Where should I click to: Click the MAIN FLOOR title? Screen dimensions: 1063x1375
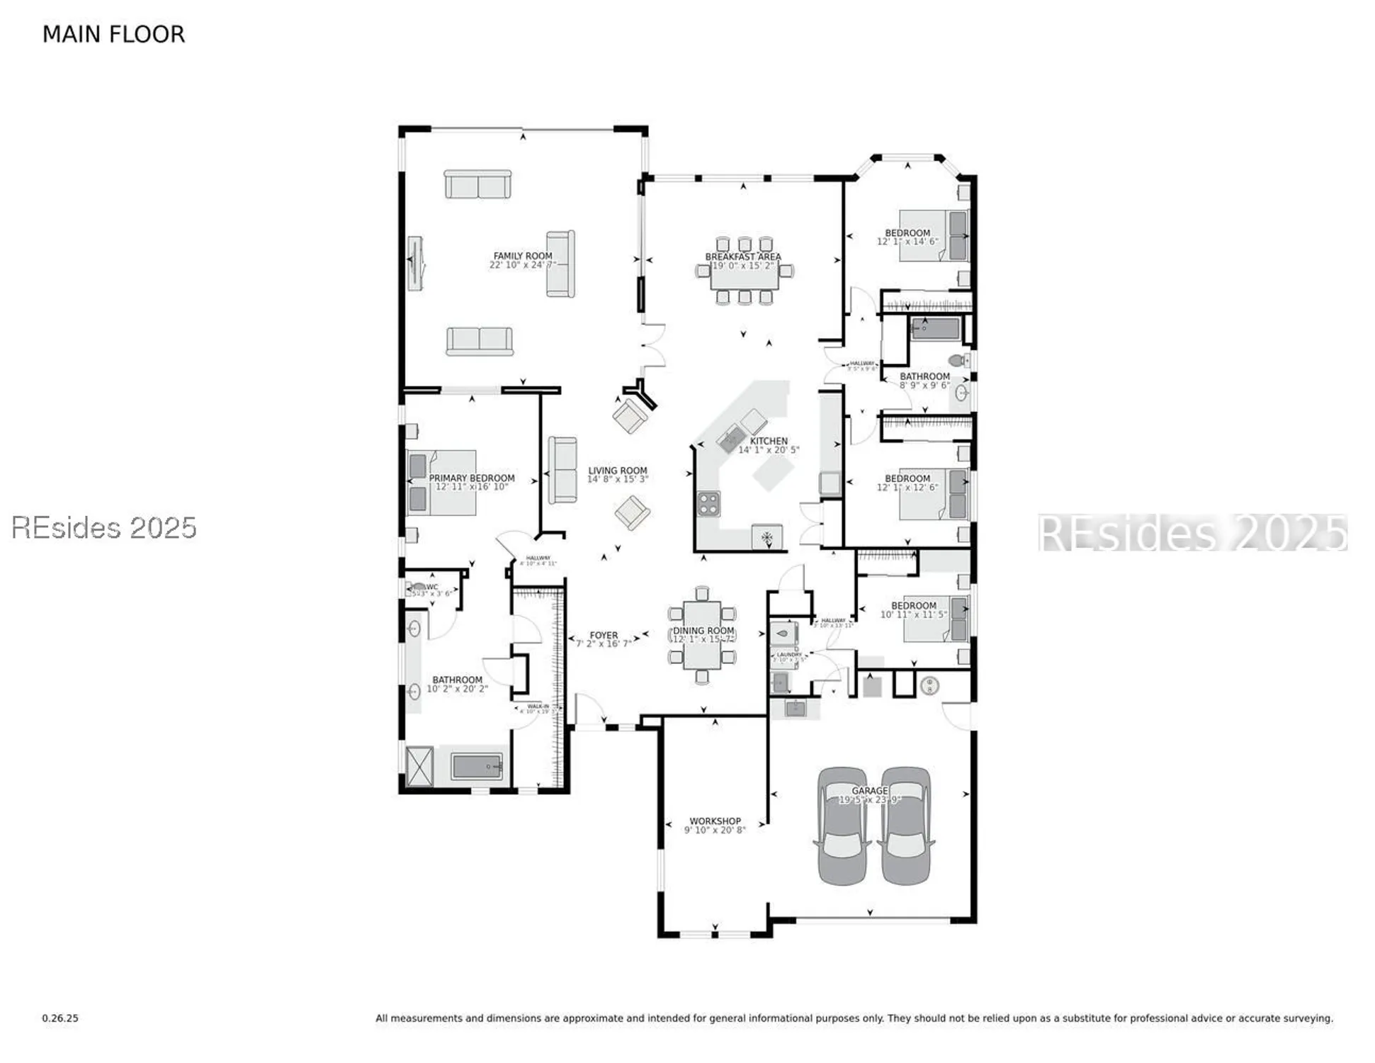tap(113, 34)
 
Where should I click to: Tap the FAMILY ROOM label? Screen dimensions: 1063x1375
tap(523, 256)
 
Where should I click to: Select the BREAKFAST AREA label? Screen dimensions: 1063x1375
tap(742, 257)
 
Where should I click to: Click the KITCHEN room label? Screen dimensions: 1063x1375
tap(769, 441)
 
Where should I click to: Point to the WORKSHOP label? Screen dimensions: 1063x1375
tap(715, 821)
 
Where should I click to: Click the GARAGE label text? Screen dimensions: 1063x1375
tap(869, 790)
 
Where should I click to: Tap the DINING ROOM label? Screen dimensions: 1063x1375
tap(703, 630)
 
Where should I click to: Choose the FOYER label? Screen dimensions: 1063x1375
tap(604, 635)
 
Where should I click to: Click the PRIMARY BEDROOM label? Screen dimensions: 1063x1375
tap(472, 478)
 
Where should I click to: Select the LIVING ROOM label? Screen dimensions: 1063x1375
tap(617, 471)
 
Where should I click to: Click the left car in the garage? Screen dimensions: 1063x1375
tap(842, 826)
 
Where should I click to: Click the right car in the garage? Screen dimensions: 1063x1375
tap(905, 826)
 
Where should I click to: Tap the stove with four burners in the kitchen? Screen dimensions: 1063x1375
tap(708, 504)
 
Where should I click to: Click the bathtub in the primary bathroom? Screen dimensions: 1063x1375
tap(477, 766)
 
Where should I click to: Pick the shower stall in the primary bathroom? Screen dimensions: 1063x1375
tap(419, 765)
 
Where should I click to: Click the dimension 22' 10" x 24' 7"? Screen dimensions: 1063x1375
tap(523, 265)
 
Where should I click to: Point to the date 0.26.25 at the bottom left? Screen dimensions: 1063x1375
tap(60, 1018)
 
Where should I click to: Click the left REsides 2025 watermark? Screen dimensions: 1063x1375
tap(104, 527)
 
